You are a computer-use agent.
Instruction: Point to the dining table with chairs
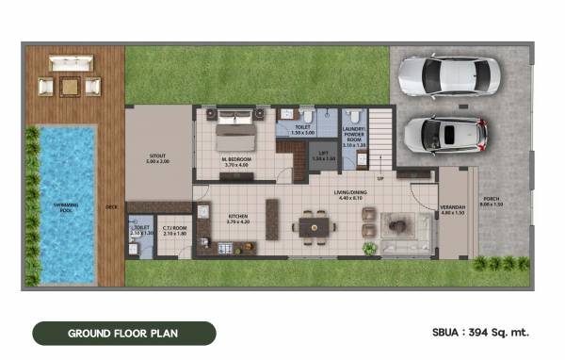(x=312, y=226)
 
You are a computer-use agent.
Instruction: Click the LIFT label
(x=323, y=157)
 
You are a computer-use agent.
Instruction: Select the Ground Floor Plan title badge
(x=123, y=333)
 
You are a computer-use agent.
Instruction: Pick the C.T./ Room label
(x=173, y=231)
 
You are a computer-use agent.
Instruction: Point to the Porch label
(x=492, y=202)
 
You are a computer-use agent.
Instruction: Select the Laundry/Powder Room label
(x=354, y=138)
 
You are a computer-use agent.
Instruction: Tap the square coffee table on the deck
(x=69, y=87)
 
